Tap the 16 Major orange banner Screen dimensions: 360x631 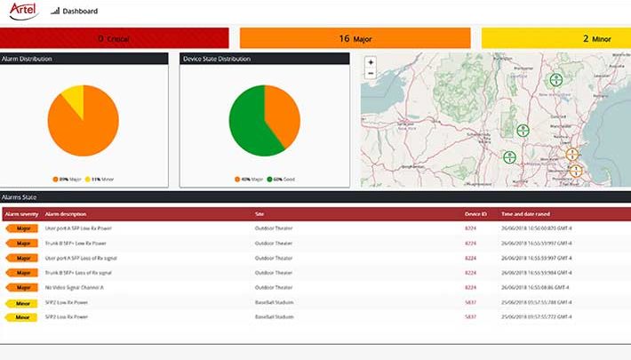pyautogui.click(x=355, y=38)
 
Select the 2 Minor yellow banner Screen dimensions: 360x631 pyautogui.click(x=555, y=38)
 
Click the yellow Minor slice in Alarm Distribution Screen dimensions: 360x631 pyautogui.click(x=74, y=99)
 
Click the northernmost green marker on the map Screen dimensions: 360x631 pyautogui.click(x=555, y=80)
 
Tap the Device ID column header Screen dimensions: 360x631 pyautogui.click(x=476, y=214)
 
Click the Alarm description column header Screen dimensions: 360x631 pyautogui.click(x=66, y=214)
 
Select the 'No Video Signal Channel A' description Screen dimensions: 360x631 pyautogui.click(x=75, y=287)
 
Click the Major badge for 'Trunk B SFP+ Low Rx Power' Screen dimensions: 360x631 pyautogui.click(x=22, y=243)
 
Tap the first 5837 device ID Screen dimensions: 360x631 pyautogui.click(x=471, y=302)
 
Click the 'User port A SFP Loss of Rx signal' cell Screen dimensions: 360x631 pyautogui.click(x=81, y=258)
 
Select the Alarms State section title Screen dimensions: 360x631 pyautogui.click(x=20, y=196)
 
